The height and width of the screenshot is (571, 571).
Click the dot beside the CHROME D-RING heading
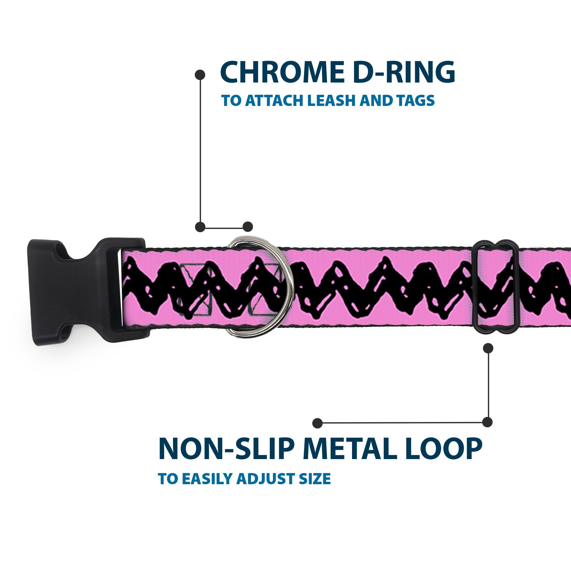click(x=200, y=75)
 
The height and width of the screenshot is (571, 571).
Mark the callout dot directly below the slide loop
click(x=488, y=348)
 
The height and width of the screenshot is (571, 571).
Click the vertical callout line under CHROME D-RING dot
click(x=200, y=151)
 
